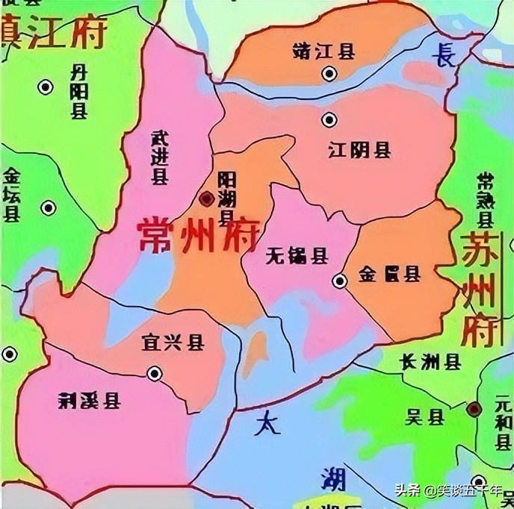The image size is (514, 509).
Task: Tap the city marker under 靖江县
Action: [329, 73]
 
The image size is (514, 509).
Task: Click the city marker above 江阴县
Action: [329, 119]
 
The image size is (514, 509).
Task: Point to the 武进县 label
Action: [159, 155]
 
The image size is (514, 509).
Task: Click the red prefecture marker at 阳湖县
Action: [207, 198]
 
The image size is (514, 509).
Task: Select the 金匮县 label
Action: [389, 274]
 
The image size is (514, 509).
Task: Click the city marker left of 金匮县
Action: [340, 281]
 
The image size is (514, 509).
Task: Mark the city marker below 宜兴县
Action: [155, 372]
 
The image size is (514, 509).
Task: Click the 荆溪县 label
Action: [88, 402]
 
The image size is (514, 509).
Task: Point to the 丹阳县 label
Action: [78, 92]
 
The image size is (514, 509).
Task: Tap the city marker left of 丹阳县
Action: [46, 87]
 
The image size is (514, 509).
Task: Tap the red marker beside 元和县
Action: [474, 408]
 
